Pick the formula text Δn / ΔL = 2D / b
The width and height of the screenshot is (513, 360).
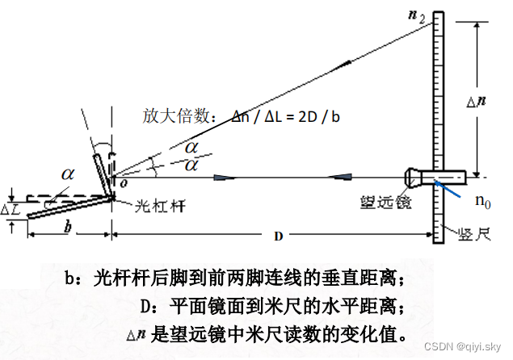[x=285, y=116]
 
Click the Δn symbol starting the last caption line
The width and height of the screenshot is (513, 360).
[x=135, y=333]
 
